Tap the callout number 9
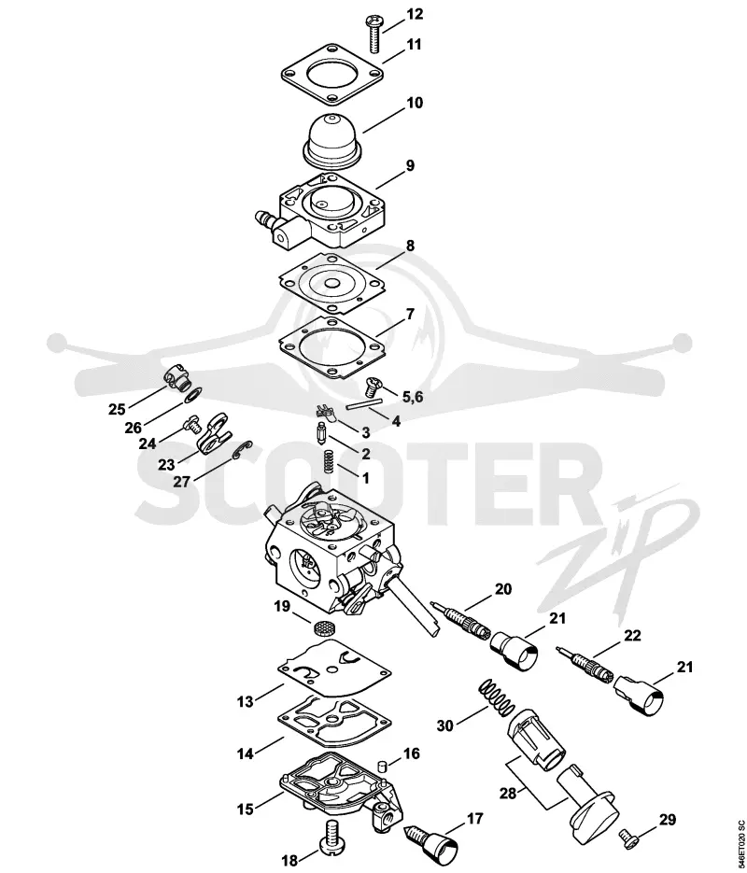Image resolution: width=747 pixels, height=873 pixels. tap(410, 165)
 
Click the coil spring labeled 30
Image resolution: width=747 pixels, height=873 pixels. tap(497, 698)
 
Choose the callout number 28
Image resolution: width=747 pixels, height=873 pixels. tap(508, 793)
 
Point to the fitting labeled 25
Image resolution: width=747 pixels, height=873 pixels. tap(177, 377)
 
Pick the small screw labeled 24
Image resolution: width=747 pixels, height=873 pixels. tap(191, 426)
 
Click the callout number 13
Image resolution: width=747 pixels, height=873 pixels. tap(245, 701)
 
